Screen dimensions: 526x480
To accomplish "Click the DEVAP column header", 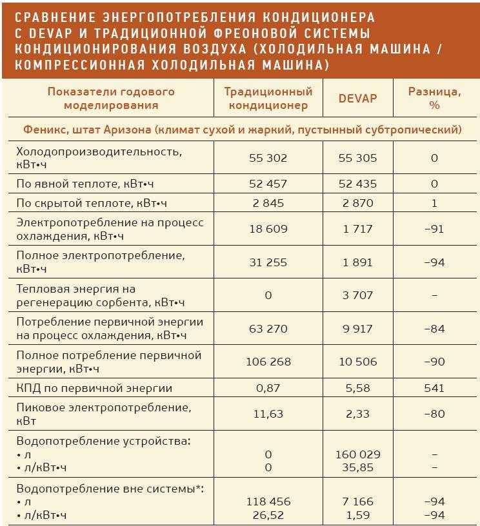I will pyautogui.click(x=357, y=99).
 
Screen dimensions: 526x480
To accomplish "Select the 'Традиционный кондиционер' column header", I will pyautogui.click(x=268, y=99).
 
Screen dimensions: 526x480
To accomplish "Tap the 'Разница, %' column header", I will pyautogui.click(x=434, y=99).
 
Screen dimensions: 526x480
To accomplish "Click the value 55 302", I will pyautogui.click(x=268, y=158).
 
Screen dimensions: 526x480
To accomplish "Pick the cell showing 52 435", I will pyautogui.click(x=357, y=184).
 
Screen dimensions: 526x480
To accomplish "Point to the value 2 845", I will pyautogui.click(x=268, y=203).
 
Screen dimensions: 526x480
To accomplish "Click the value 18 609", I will pyautogui.click(x=268, y=229).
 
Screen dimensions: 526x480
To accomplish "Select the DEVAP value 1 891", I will pyautogui.click(x=357, y=262).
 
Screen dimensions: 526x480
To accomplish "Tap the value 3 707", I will pyautogui.click(x=357, y=295).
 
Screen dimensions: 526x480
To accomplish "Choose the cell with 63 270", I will pyautogui.click(x=268, y=329).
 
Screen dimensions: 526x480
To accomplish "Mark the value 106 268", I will pyautogui.click(x=268, y=362).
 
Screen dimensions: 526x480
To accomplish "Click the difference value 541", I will pyautogui.click(x=434, y=388).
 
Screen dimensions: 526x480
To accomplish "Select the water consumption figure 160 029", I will pyautogui.click(x=357, y=454).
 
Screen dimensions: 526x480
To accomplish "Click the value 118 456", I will pyautogui.click(x=268, y=501).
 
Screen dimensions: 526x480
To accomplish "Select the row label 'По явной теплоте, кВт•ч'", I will pyautogui.click(x=91, y=184).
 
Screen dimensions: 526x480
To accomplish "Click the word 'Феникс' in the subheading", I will pyautogui.click(x=46, y=130).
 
